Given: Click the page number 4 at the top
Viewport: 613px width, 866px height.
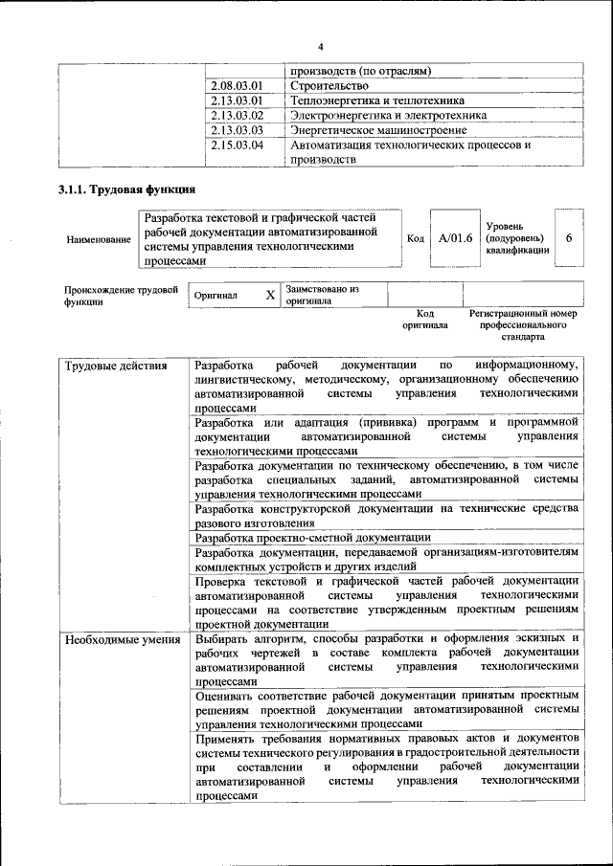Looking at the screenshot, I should tap(321, 47).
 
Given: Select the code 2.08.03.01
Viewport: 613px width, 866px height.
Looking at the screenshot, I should tap(236, 86).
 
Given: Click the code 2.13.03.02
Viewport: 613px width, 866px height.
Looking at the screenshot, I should tap(236, 115).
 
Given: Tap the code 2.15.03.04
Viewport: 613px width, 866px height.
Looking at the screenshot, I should tap(236, 145).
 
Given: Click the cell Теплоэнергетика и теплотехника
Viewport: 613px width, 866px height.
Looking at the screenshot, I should tap(377, 100).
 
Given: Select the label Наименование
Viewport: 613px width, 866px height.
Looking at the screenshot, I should tap(99, 239).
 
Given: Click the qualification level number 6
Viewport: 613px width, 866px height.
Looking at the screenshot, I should tap(569, 237).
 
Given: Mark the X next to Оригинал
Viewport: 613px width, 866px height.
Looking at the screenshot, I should tap(270, 296).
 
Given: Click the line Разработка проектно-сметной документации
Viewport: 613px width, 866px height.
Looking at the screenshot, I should tap(313, 538).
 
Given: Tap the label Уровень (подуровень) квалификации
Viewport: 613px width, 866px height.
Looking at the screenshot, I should tap(517, 237).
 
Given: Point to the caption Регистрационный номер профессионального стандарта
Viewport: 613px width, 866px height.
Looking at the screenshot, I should tap(523, 325).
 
